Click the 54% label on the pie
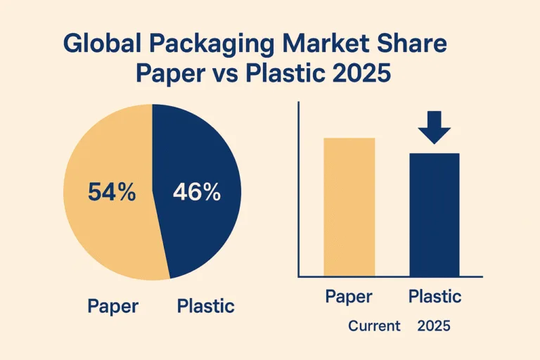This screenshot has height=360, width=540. tap(111, 191)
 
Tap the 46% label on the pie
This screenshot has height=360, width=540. tap(197, 191)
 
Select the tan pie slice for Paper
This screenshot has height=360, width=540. tap(105, 232)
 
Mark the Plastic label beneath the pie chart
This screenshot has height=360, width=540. tap(205, 307)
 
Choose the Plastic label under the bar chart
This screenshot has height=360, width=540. tap(435, 297)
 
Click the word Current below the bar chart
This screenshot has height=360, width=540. tap(373, 326)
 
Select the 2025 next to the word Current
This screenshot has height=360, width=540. tap(433, 326)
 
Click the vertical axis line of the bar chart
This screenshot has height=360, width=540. tap(299, 190)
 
